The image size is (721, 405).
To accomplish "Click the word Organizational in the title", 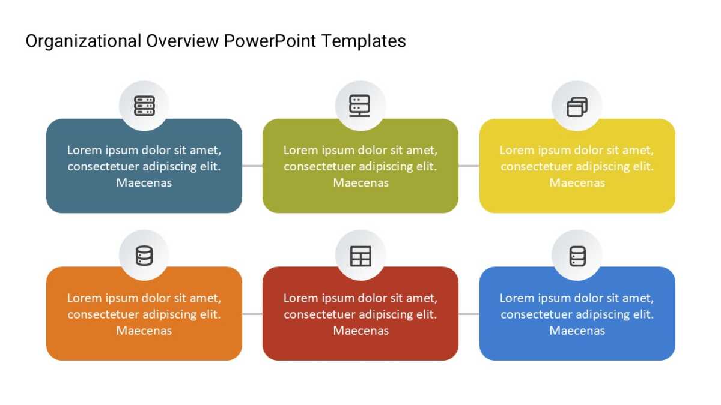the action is point(84,42).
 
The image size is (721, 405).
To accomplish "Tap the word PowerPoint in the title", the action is point(270,41).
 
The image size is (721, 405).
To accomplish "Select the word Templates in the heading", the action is point(364,41).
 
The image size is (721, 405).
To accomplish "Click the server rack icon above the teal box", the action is point(144,106).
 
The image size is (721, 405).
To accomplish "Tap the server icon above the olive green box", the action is point(360,106).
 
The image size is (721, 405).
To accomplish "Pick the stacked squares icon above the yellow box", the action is point(577,107).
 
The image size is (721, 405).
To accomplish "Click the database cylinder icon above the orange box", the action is point(144,256).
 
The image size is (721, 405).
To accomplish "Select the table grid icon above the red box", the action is point(360,256).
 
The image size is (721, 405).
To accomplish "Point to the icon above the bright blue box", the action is point(577,256).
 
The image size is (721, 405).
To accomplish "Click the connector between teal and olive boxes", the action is point(252,166).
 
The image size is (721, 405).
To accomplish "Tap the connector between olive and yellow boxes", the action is point(469,166).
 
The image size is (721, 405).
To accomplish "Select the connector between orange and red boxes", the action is point(252,314).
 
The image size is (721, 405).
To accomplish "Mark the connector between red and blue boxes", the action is point(469,314).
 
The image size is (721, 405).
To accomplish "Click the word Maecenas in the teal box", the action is point(144,182).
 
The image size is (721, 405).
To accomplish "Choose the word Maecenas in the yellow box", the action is point(577,182).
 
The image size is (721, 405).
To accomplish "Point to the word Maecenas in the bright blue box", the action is point(577,331).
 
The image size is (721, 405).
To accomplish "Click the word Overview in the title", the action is point(183,41).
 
